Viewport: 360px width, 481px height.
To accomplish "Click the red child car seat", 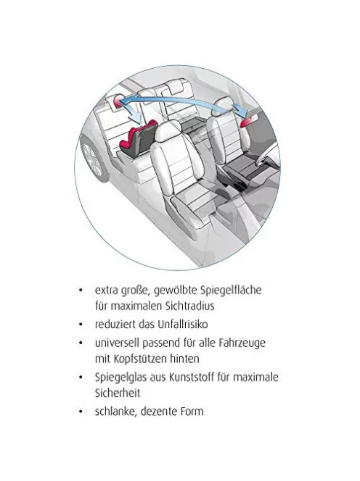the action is coord(137,139).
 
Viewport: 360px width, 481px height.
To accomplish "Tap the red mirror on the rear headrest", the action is coord(118,101).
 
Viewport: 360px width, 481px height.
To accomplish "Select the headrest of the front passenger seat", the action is coord(169,130).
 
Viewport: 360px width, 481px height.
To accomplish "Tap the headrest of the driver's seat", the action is coord(223,106).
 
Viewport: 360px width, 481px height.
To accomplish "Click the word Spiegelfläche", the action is coord(231,290).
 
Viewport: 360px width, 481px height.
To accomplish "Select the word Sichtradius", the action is coord(189,306).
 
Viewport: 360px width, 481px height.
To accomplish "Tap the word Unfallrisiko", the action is coord(183,325).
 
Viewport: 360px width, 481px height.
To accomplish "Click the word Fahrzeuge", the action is coord(242,343).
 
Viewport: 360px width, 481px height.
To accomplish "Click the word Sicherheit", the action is coord(118,393).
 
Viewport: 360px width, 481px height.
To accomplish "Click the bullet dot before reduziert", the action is coord(81,325).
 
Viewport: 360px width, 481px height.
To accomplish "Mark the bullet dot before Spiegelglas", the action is coord(81,377).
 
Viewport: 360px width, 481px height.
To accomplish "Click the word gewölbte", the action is coord(175,290).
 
